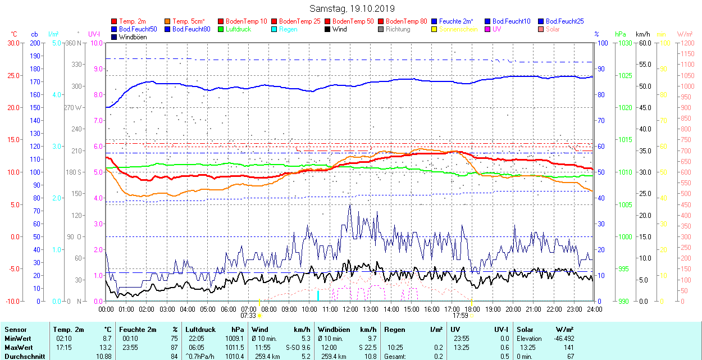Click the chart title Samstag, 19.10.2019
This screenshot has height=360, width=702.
352,9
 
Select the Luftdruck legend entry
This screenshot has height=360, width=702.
238,29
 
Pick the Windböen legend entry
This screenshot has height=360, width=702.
133,37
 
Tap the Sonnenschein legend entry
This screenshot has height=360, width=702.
458,29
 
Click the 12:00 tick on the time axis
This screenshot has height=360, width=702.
350,309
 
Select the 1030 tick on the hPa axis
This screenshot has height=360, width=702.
626,43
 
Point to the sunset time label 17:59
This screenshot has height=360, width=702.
460,316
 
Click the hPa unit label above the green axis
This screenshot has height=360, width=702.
621,34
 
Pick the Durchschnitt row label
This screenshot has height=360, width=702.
21,357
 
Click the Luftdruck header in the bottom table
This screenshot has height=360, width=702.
200,330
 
